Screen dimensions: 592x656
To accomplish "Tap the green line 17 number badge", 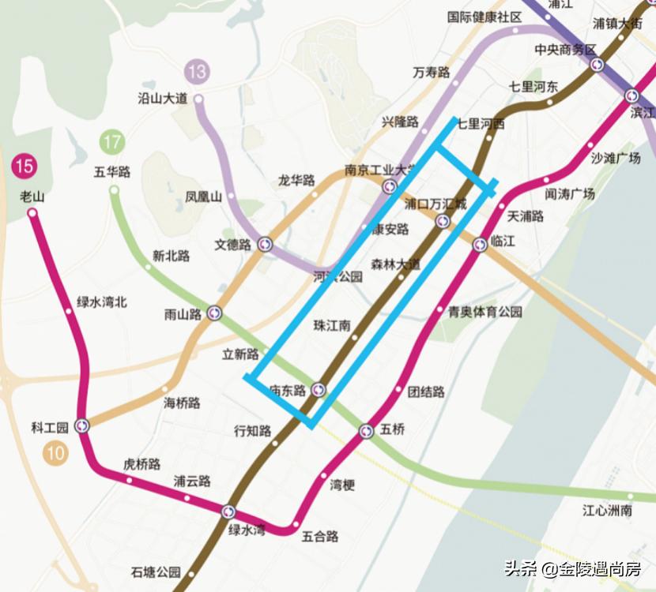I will coord(112,143).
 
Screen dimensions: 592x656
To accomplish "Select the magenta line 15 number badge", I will coord(24,166).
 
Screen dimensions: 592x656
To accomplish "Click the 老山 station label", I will coord(32,197).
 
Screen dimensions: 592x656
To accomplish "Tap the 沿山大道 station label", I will coord(163,99).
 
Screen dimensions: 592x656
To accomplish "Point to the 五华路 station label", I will coord(111,171).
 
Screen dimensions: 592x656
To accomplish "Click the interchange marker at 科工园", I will coord(82,426).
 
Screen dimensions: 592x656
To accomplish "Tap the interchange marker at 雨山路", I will coord(215,314).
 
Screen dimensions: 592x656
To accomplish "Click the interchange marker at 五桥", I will coord(366,431).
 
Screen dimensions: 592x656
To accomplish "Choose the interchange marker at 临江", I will coord(480,245).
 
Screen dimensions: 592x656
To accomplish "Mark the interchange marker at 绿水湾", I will coord(229,511).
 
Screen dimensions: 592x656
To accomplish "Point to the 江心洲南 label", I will coord(607,511).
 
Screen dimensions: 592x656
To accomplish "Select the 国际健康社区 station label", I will coord(484,17).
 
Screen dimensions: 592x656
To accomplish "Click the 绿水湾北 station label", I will coord(101,302).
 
